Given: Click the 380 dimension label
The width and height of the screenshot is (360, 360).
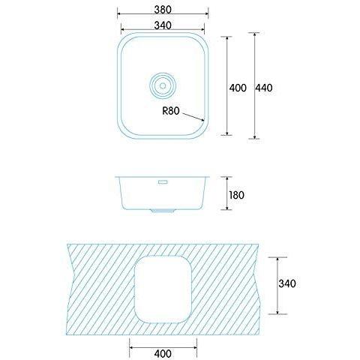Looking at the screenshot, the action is tap(163, 10).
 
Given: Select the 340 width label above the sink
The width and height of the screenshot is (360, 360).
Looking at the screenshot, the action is tap(163, 25).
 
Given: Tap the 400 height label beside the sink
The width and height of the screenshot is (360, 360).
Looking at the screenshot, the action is tap(238, 88).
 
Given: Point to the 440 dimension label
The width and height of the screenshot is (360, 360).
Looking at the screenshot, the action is tap(264, 88).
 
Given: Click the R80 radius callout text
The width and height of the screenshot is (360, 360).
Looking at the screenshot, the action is tap(171, 111).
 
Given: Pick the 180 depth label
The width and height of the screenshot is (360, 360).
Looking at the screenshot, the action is tap(236, 195).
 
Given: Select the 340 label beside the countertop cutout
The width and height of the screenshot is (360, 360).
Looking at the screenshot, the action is tap(287, 283).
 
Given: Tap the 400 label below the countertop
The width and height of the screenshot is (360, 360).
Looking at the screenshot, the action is tap(163, 353).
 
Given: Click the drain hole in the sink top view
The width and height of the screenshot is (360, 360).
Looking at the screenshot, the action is tap(163, 85).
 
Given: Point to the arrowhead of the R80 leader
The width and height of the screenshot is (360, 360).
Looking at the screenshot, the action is tap(202, 120).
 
